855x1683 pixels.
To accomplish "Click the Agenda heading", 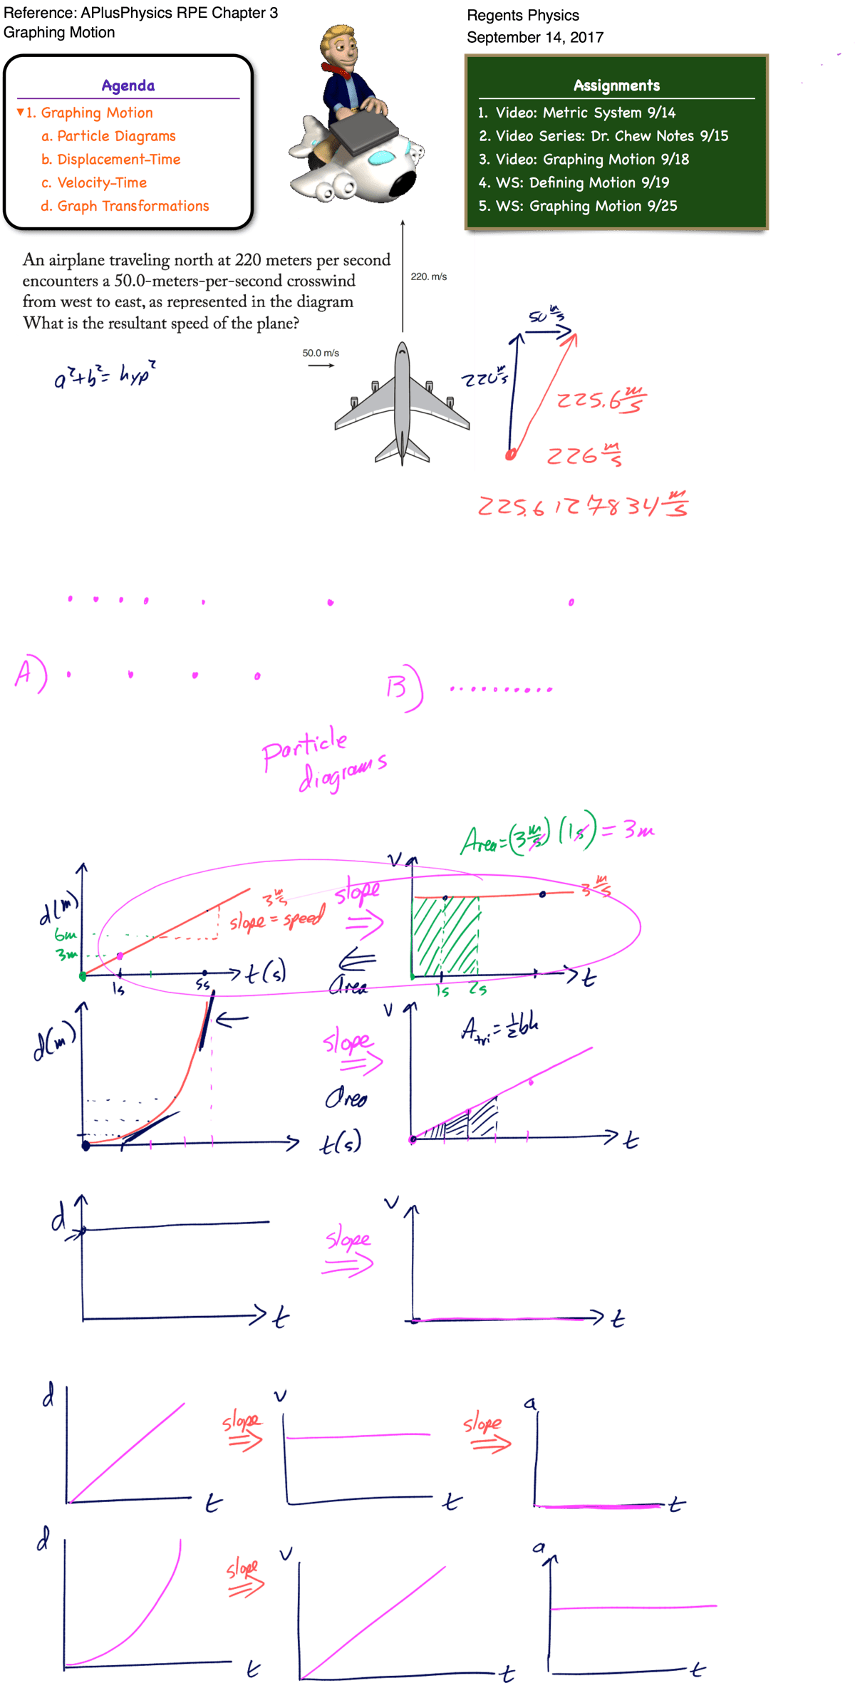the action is [128, 86].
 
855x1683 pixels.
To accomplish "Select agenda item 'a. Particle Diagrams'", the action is [108, 136].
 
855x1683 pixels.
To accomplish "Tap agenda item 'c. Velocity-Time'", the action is [94, 182].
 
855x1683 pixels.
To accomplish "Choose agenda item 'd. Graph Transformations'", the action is [125, 206].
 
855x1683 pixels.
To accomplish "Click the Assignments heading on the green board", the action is [616, 86].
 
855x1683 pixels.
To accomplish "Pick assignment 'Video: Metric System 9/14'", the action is [577, 113].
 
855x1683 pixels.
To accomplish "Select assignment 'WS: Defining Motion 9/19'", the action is [574, 182].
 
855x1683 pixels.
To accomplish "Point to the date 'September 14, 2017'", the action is [535, 37].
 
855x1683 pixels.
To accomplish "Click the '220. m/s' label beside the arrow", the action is [429, 276].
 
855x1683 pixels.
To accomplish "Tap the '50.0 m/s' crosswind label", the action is [321, 353].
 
